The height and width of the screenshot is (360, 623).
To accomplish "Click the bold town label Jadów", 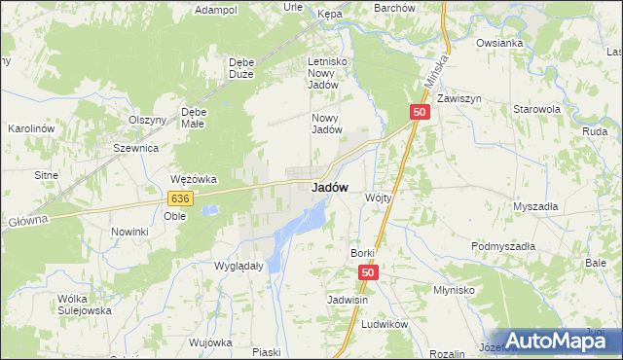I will pyautogui.click(x=331, y=188).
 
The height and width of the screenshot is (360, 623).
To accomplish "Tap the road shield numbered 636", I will pyautogui.click(x=179, y=198).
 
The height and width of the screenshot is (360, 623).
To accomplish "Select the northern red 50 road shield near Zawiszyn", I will pyautogui.click(x=419, y=113).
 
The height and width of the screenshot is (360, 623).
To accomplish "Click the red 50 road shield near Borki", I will pyautogui.click(x=367, y=274).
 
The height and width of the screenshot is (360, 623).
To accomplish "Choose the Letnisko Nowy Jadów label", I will pyautogui.click(x=327, y=72).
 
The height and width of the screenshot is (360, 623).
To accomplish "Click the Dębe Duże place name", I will pyautogui.click(x=240, y=68).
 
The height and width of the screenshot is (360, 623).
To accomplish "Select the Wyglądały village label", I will pyautogui.click(x=238, y=265).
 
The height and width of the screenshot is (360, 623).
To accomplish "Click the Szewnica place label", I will pyautogui.click(x=135, y=148).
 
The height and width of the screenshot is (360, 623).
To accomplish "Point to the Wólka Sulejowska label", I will pyautogui.click(x=85, y=305).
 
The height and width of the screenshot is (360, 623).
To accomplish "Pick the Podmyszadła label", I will pyautogui.click(x=503, y=247).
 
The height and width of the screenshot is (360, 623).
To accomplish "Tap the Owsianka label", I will pyautogui.click(x=500, y=43).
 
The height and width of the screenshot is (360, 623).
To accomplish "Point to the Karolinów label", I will pyautogui.click(x=30, y=128).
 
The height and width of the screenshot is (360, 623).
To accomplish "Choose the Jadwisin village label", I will pyautogui.click(x=348, y=301).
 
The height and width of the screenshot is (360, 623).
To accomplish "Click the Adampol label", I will pyautogui.click(x=216, y=10).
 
